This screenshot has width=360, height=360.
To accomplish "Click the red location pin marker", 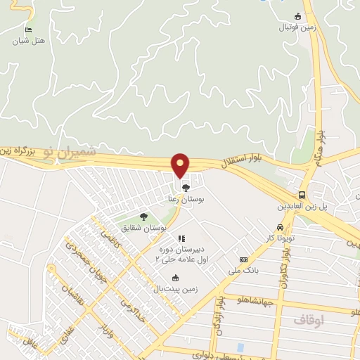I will click(x=181, y=165).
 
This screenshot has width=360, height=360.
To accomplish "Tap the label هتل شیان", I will click(x=30, y=41).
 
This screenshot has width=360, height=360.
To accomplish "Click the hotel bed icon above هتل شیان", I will click(x=28, y=30).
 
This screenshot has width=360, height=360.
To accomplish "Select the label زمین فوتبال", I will click(x=295, y=29).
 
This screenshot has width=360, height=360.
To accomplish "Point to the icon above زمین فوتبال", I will click(x=297, y=17).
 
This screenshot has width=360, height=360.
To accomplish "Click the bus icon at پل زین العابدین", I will click(x=302, y=195).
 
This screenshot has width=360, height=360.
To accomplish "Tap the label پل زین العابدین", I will click(x=304, y=207).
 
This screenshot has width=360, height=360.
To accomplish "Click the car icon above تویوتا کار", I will click(x=281, y=228).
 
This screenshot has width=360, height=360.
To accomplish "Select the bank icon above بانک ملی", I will click(x=243, y=259).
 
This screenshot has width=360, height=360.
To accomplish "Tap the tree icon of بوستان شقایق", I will click(x=144, y=217).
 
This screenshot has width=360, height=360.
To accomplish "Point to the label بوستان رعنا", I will click(x=184, y=200).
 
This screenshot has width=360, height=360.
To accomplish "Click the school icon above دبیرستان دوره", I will click(x=181, y=239).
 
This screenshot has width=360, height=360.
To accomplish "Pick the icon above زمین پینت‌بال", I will click(x=175, y=278).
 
